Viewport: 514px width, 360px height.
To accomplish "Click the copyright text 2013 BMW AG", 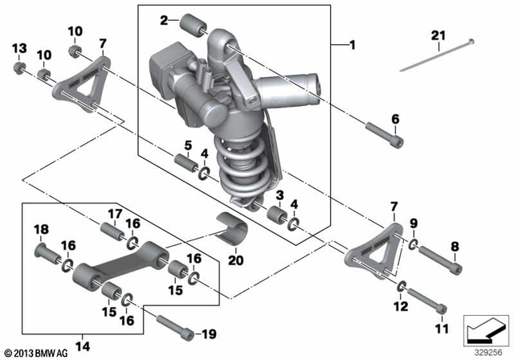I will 34,353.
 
